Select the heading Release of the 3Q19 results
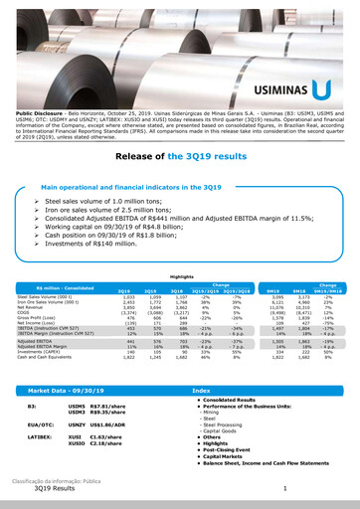pyautogui.click(x=179, y=157)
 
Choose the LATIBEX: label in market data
pyautogui.click(x=40, y=436)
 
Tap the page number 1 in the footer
pyautogui.click(x=284, y=489)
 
